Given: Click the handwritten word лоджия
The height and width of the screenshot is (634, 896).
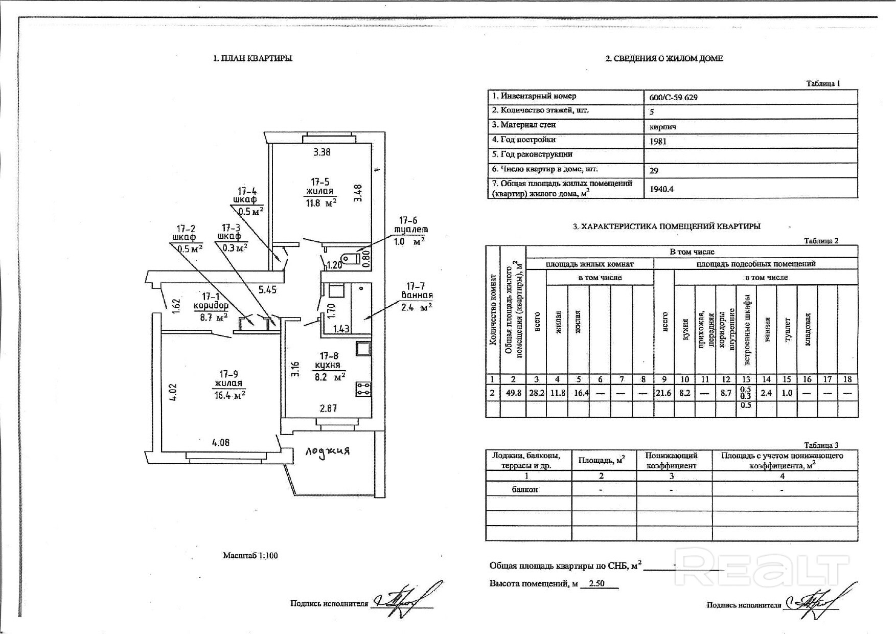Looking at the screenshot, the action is [328, 451].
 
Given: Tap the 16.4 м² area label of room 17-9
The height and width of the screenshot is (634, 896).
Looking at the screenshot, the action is [229, 395].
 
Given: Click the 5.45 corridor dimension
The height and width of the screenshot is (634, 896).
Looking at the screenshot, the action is [267, 290].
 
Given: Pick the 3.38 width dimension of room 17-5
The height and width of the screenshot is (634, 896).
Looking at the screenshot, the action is [322, 152].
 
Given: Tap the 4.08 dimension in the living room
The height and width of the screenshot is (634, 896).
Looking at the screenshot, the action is [220, 443].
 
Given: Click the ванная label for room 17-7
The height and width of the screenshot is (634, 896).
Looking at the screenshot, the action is [417, 296].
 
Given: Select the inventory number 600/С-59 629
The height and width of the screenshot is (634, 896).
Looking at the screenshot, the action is [673, 97].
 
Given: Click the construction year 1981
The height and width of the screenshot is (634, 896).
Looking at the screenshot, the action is [658, 141].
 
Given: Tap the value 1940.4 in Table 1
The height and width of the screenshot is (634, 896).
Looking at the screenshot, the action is [661, 189].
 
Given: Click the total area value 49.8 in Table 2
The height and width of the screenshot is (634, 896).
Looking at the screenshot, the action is [513, 393].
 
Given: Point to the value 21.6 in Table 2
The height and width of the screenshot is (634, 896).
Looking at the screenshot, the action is [663, 393].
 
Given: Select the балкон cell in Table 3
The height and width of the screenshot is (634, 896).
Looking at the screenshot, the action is [525, 489].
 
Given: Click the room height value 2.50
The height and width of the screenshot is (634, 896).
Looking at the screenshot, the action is [598, 583].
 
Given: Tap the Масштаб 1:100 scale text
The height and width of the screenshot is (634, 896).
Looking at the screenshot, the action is [250, 555].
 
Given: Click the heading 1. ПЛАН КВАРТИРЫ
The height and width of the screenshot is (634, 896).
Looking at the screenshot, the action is [252, 58].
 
